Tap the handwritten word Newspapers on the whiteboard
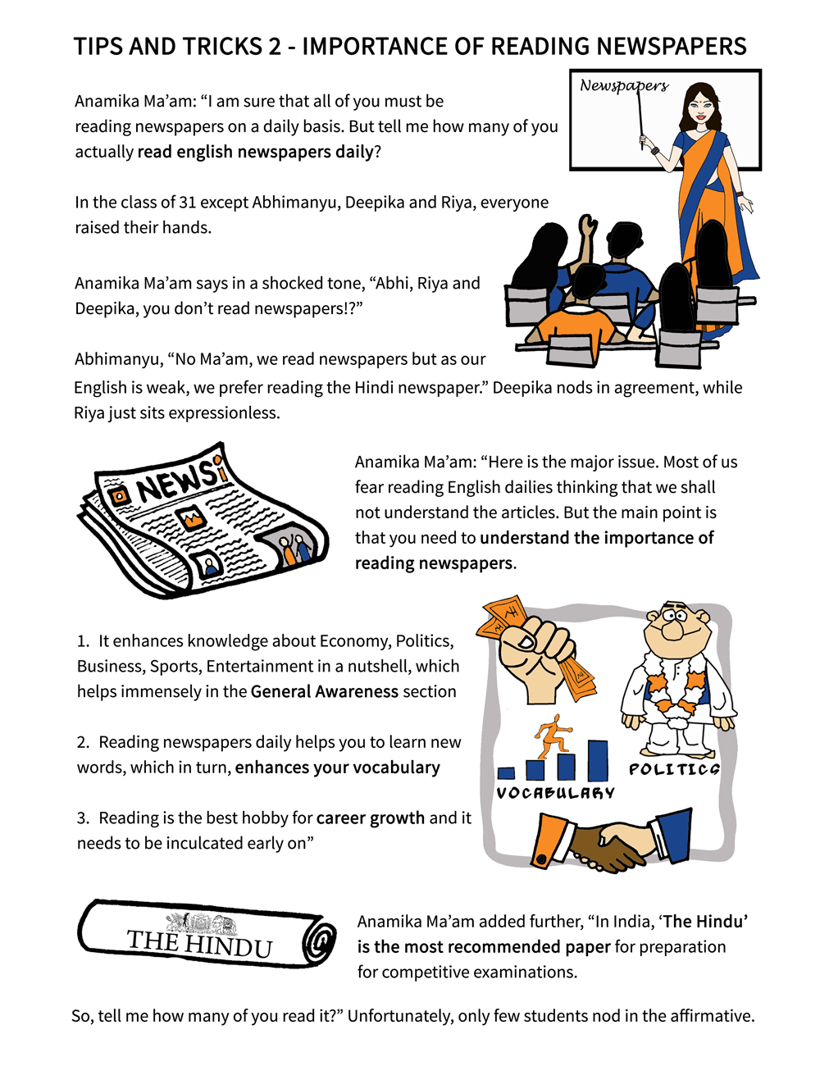coord(624,85)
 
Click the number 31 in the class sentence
coord(188,203)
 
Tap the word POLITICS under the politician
coord(674,769)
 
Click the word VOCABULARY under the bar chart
coord(555,793)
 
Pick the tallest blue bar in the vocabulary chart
coord(598,760)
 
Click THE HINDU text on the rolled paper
coord(199,944)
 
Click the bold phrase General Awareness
coord(325,691)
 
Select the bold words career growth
coord(371,818)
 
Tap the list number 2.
coord(83,742)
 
